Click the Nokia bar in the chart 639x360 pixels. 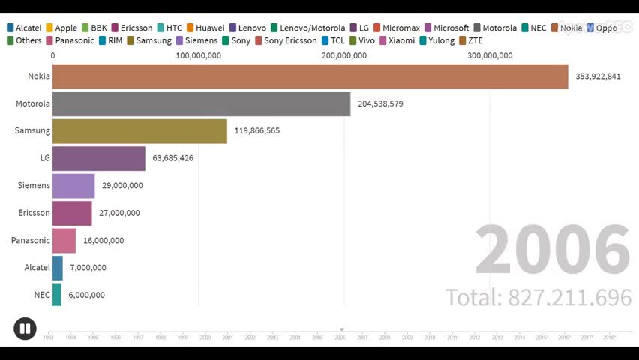310,76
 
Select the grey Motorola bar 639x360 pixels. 201,103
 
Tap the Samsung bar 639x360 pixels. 139,130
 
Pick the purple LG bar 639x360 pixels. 99,158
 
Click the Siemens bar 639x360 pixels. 73,185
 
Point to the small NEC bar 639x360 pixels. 57,295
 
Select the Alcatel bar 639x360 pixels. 58,268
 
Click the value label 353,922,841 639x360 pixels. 598,76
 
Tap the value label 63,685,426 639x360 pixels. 172,158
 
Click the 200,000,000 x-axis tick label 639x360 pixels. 344,55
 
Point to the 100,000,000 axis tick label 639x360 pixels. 199,55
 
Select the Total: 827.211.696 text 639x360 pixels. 538,298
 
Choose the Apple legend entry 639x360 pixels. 61,28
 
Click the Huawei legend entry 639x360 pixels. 205,28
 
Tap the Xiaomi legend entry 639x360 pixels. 397,40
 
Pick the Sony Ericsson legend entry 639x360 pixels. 286,40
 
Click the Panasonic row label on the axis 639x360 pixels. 31,240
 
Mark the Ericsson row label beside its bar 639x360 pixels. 34,213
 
